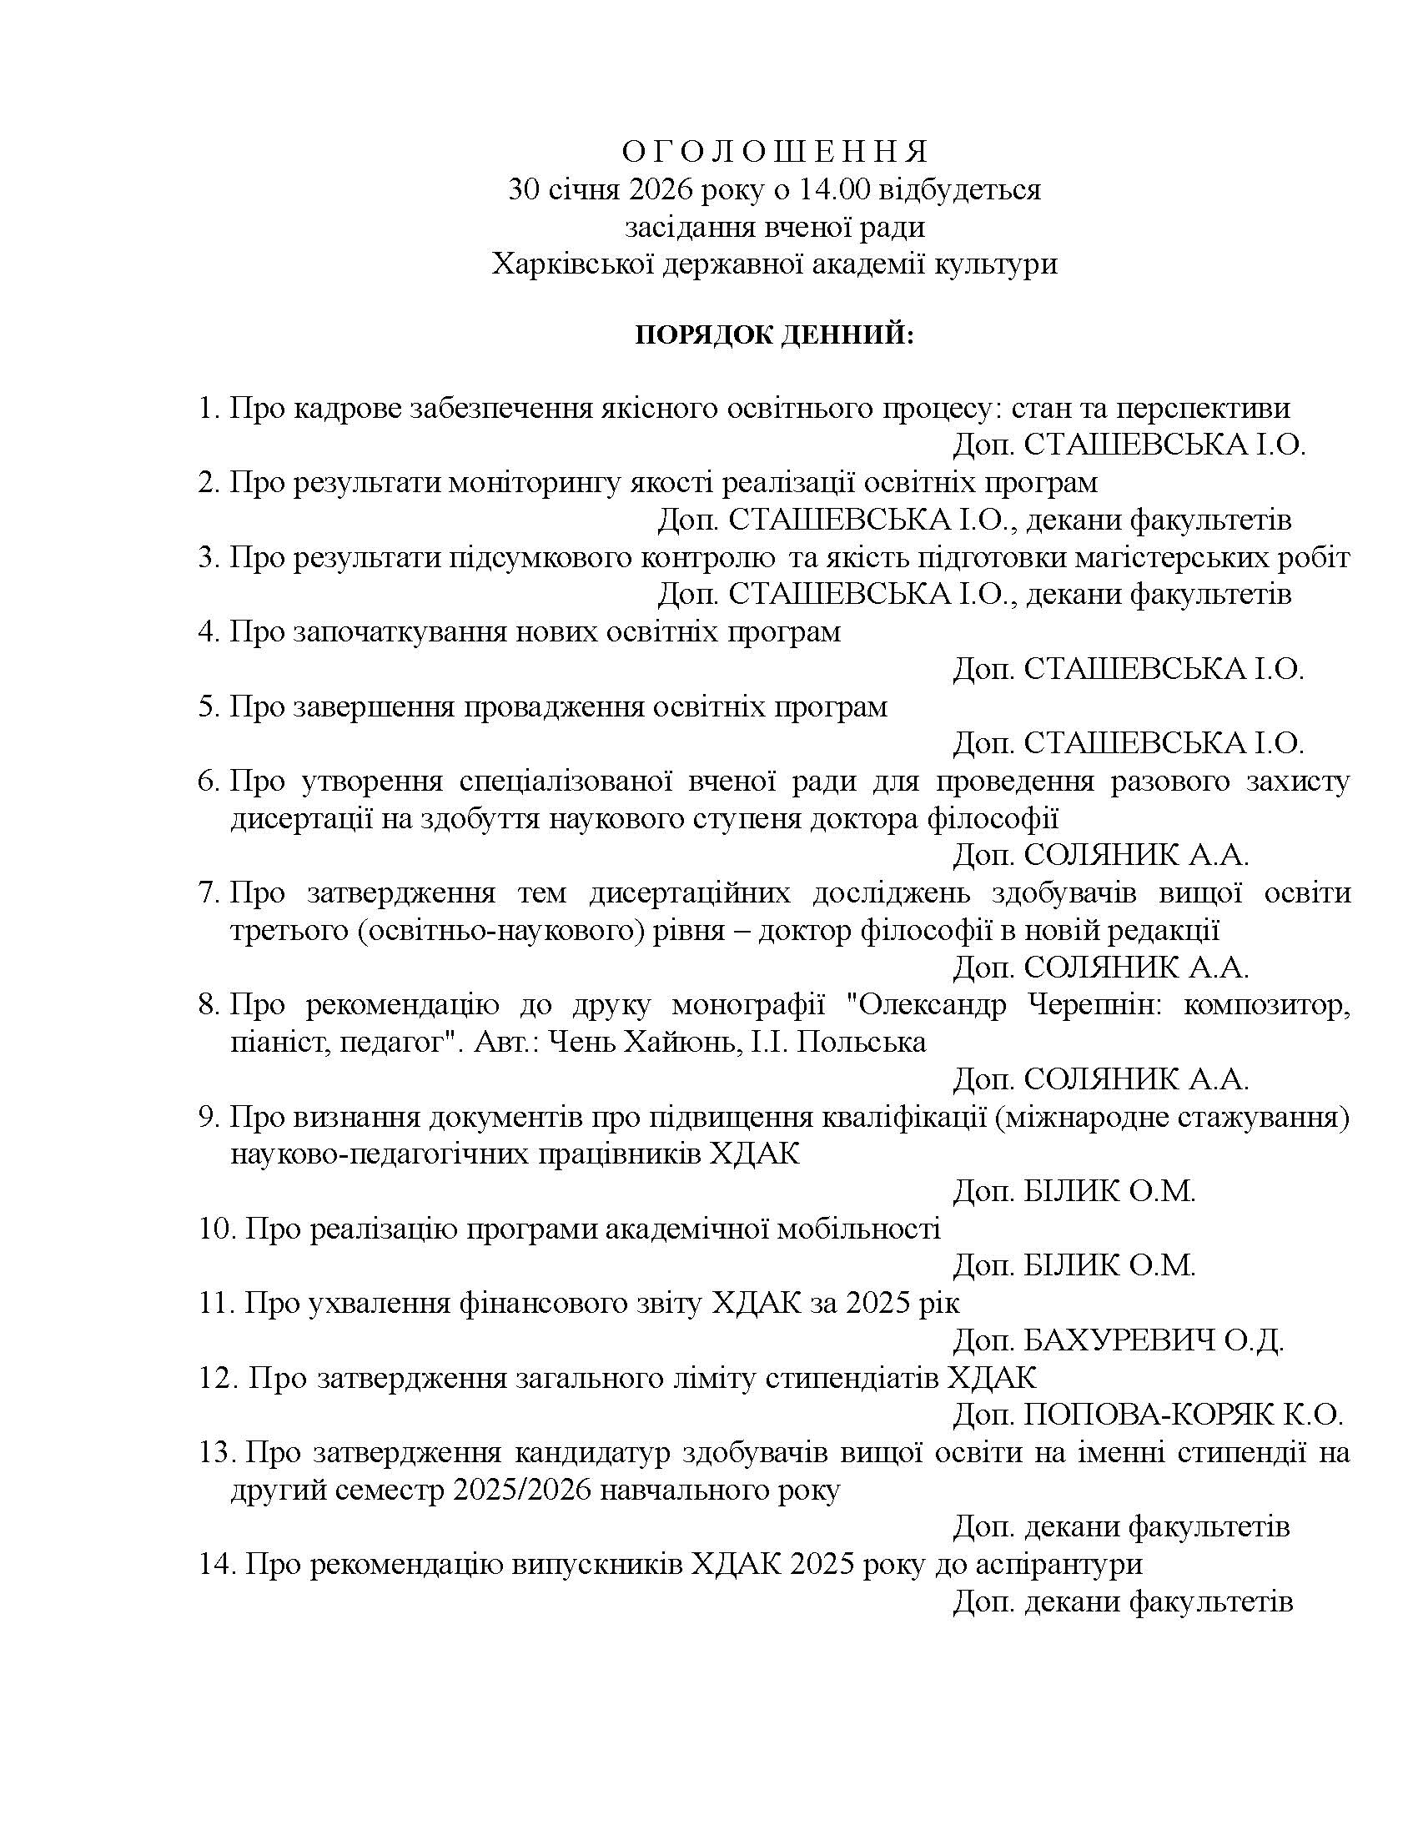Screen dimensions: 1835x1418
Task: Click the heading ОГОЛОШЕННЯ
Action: coord(775,152)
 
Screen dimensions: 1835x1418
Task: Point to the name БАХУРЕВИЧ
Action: coord(1119,1340)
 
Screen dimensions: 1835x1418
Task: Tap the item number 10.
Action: coord(216,1229)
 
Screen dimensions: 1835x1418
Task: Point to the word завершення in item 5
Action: coord(372,706)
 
